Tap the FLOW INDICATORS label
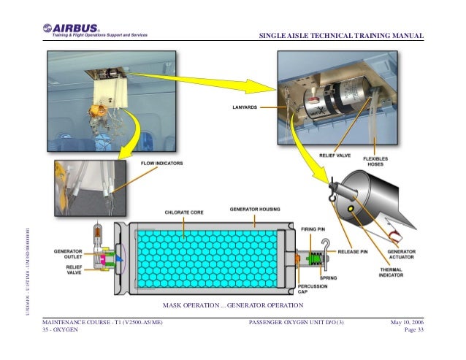[161, 163]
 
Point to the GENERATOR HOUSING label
[254, 208]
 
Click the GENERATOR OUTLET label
[69, 253]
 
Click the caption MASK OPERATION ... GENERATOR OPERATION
[232, 304]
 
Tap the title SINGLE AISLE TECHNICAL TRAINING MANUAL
[342, 38]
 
